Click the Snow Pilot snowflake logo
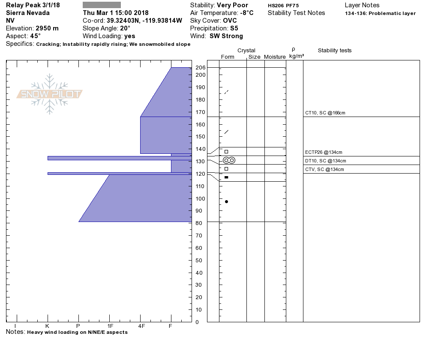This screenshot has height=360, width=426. pos(49,94)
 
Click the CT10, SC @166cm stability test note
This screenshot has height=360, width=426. pos(325,113)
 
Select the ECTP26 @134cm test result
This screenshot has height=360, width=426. pos(324,152)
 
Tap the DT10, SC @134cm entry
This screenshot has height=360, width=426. pos(325,161)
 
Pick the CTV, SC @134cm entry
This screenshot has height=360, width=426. pos(324,170)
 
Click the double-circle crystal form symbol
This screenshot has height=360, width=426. pos(229,160)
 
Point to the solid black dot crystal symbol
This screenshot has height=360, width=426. pos(226,201)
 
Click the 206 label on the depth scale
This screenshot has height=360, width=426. pos(201,67)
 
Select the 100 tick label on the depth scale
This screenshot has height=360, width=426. pos(201,198)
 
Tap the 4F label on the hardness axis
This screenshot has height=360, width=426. pos(141,326)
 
